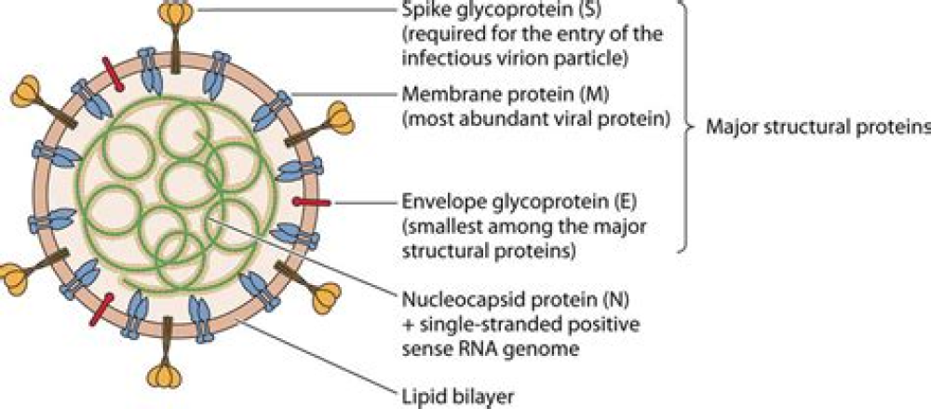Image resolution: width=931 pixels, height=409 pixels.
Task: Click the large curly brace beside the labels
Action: [688, 126]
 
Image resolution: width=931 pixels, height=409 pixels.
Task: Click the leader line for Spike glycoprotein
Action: [289, 10]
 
